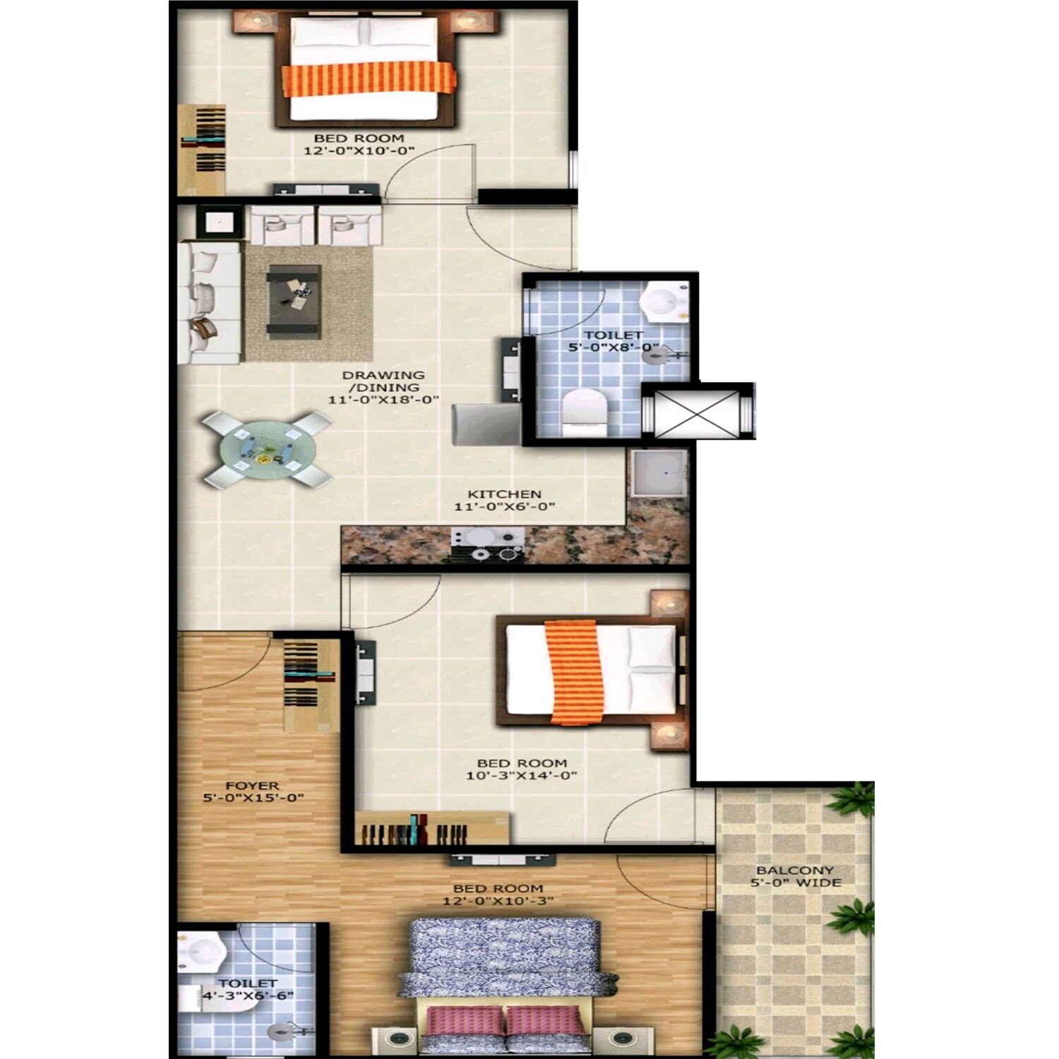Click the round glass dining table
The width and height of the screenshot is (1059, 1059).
pos(267,450)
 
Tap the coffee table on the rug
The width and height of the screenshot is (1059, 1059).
pos(294,302)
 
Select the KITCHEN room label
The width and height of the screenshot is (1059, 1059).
pos(504,494)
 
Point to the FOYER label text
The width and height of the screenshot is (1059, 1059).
pos(252,786)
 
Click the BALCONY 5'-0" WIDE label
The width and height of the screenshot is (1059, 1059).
pos(795,876)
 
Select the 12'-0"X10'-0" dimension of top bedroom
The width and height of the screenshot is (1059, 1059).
pos(359,151)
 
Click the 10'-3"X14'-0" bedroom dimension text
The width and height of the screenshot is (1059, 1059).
pos(522,775)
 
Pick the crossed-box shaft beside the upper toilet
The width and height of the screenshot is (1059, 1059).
pos(697,412)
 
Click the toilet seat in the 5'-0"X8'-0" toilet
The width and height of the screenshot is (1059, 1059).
pos(585,412)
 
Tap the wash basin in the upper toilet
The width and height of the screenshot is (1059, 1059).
pos(664,301)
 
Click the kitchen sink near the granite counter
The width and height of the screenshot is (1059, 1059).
pos(657,472)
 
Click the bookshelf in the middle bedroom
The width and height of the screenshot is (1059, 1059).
pos(431,828)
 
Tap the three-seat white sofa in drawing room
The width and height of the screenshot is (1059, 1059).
pos(210,302)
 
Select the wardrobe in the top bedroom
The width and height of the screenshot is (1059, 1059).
pos(202,149)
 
